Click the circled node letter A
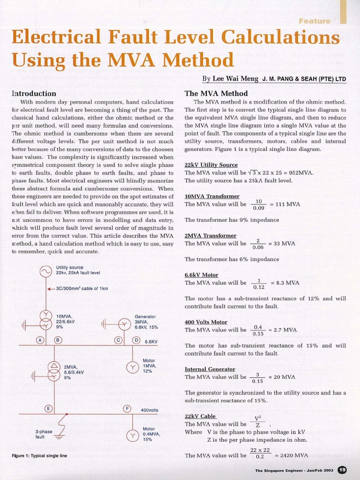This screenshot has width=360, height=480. coord(41,340)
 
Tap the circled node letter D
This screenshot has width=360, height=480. coord(136,340)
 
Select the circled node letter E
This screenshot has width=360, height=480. coord(48,409)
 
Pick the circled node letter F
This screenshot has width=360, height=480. coord(127,409)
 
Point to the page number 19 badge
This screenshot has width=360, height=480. coord(342,470)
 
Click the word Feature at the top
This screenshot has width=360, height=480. coord(314,21)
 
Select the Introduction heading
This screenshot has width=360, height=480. coord(34,93)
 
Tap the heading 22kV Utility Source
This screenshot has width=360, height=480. coord(211,165)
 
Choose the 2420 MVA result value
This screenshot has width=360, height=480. coord(294,455)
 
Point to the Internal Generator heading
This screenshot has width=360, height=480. coord(210,369)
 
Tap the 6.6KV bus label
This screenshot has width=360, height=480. coord(151,342)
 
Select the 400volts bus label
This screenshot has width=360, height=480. coord(150,410)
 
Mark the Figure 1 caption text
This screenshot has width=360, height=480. coord(39,456)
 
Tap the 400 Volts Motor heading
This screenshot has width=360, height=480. coord(206,322)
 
